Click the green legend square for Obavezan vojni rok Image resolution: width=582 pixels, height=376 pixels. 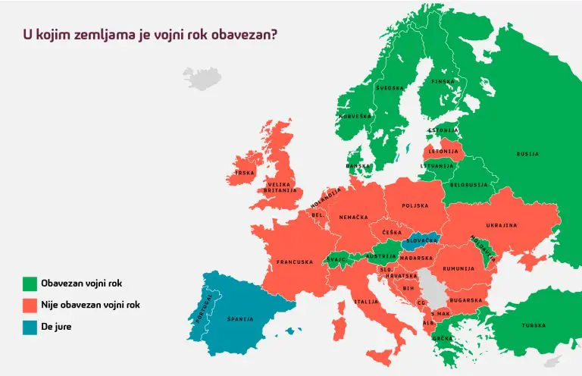pyautogui.click(x=30, y=284)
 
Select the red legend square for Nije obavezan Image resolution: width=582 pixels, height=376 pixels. pyautogui.click(x=30, y=305)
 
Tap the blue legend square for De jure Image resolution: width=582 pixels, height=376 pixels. pyautogui.click(x=30, y=327)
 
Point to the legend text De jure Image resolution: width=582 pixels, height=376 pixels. pyautogui.click(x=57, y=327)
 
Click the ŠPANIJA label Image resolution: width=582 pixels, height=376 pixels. pyautogui.click(x=240, y=319)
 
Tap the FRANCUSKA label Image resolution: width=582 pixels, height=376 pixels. pyautogui.click(x=294, y=262)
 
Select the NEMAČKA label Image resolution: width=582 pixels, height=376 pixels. pyautogui.click(x=353, y=218)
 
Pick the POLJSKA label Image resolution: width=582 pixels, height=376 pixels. pyautogui.click(x=415, y=205)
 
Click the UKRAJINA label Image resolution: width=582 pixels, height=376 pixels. pyautogui.click(x=502, y=225)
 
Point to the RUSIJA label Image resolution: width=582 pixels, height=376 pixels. pyautogui.click(x=527, y=154)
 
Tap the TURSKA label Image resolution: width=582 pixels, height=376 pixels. pyautogui.click(x=533, y=325)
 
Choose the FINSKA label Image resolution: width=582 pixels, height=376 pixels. pyautogui.click(x=443, y=81)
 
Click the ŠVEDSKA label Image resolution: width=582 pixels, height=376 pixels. pyautogui.click(x=389, y=88)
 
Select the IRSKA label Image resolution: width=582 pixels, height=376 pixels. pyautogui.click(x=245, y=173)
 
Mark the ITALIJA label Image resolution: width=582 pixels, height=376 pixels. pyautogui.click(x=366, y=302)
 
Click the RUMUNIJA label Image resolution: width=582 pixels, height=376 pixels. pyautogui.click(x=458, y=268)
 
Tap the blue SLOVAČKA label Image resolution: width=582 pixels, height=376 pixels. pyautogui.click(x=422, y=240)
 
